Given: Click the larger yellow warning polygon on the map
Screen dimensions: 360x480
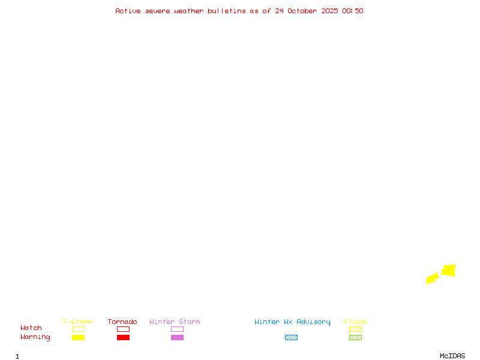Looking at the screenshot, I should [449, 271].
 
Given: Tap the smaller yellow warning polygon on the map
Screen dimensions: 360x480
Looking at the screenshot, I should [433, 278].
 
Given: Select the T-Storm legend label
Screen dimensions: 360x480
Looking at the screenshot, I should [77, 322].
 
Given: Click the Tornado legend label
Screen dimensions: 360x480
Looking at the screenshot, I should [122, 322].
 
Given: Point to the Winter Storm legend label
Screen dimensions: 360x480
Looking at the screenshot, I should [175, 322].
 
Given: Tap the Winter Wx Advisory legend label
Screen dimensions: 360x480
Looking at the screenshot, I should [292, 322].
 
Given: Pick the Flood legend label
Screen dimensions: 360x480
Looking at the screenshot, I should [355, 322].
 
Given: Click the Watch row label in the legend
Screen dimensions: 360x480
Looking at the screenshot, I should [31, 328].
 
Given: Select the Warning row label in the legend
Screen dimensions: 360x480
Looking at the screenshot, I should [35, 337].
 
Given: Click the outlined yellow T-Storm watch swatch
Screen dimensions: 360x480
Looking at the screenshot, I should [78, 329].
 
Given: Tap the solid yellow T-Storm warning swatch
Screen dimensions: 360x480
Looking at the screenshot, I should [78, 337].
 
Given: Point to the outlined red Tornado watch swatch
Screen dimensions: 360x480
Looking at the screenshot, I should [123, 329].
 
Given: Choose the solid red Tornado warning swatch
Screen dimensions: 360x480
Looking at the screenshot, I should [123, 337].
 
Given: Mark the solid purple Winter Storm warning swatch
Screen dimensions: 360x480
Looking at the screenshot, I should [177, 337].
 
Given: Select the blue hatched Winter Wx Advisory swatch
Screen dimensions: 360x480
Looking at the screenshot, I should [291, 337].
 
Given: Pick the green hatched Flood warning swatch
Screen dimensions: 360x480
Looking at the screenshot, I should [355, 337].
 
